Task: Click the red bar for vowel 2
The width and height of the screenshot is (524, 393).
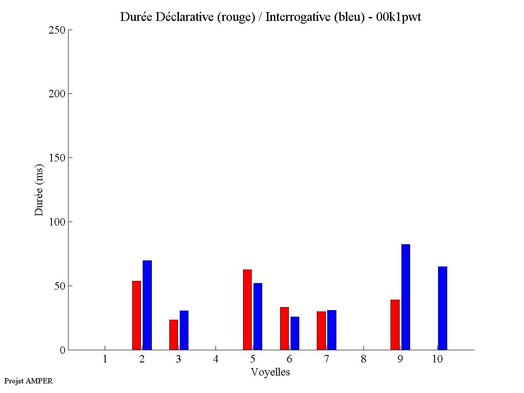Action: tap(137, 315)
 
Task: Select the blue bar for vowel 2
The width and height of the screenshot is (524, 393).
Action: tap(147, 305)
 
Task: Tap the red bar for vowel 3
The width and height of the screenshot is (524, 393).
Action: tap(174, 335)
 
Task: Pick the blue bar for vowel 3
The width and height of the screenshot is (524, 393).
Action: tap(184, 330)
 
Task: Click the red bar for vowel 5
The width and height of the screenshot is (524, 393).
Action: tap(247, 310)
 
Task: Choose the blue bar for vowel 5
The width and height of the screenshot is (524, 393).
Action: tap(258, 317)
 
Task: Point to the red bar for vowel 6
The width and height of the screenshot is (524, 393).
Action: tap(284, 328)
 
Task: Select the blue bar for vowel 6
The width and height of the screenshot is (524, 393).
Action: tap(295, 333)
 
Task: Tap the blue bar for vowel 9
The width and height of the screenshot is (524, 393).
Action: tap(406, 297)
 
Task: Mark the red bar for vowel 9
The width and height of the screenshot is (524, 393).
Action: tap(395, 325)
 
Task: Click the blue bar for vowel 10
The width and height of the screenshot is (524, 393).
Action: tap(442, 308)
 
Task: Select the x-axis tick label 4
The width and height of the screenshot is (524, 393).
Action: tap(216, 359)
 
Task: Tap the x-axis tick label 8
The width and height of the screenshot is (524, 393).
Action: tap(363, 359)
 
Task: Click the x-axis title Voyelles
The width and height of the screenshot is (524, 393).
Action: tap(271, 372)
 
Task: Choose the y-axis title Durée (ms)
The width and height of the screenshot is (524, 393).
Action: tap(39, 190)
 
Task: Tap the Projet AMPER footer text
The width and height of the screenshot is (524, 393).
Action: tap(28, 381)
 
